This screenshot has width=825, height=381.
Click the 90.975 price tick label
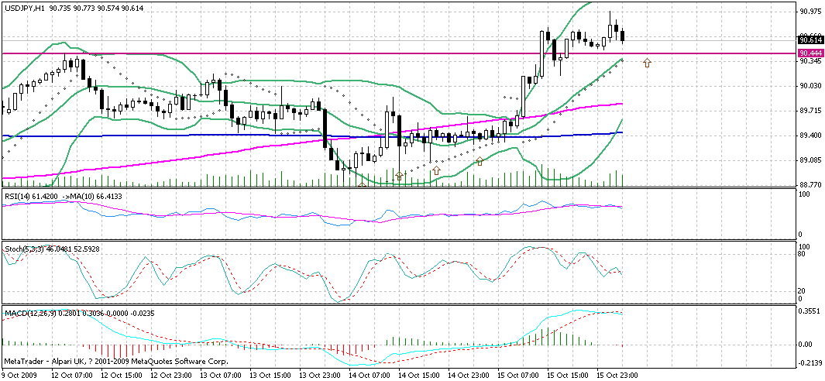click(810, 11)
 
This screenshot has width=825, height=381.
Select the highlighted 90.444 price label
click(810, 53)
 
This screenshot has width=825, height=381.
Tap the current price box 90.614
click(810, 39)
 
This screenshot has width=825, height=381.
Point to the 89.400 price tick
click(810, 136)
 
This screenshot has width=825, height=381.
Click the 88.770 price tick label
click(810, 184)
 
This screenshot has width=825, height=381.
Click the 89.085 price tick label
click(810, 160)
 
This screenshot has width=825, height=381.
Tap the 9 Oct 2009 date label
click(19, 375)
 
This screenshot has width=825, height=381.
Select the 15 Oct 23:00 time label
click(618, 375)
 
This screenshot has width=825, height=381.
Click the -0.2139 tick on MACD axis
click(810, 362)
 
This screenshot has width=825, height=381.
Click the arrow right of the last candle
click(647, 62)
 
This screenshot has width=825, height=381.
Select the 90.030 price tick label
click(810, 86)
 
